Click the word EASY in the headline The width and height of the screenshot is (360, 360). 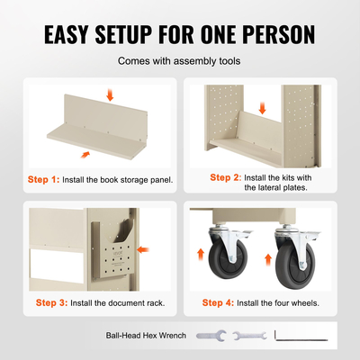[67, 34]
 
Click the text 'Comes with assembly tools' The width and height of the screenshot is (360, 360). [179, 61]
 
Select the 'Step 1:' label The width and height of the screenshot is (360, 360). [43, 179]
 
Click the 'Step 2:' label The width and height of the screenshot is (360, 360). [226, 177]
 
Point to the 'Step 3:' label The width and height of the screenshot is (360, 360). [51, 302]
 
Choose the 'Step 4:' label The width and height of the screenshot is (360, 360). [218, 302]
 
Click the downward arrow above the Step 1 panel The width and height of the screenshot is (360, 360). [110, 94]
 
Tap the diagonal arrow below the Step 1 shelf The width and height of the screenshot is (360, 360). [85, 154]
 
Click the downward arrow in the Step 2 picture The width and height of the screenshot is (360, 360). [262, 108]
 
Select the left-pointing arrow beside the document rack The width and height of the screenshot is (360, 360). [143, 249]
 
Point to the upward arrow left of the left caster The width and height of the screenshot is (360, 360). [201, 255]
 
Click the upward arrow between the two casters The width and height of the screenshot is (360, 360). [268, 260]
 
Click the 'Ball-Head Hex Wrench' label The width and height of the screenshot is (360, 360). [146, 336]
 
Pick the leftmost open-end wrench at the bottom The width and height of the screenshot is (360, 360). [211, 336]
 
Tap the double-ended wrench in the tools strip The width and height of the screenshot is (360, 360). [249, 336]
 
